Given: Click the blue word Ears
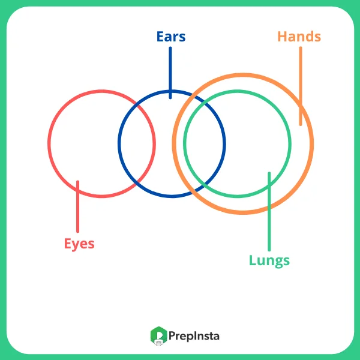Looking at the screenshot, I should click(x=170, y=37).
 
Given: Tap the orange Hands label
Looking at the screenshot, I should click(x=299, y=37).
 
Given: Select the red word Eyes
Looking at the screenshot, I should click(x=79, y=244).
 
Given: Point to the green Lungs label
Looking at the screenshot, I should click(x=269, y=260).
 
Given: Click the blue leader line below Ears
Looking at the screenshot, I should click(x=170, y=72).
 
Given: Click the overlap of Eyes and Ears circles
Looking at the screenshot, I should click(x=137, y=144).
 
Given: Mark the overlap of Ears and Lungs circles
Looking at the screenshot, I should click(x=205, y=144).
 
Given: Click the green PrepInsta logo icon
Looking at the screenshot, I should click(x=157, y=336).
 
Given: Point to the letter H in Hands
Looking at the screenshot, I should click(x=282, y=37).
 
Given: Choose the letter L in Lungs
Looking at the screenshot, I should click(x=253, y=260).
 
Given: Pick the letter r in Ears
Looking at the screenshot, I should click(x=174, y=37).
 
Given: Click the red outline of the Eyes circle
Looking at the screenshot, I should click(x=49, y=144).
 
